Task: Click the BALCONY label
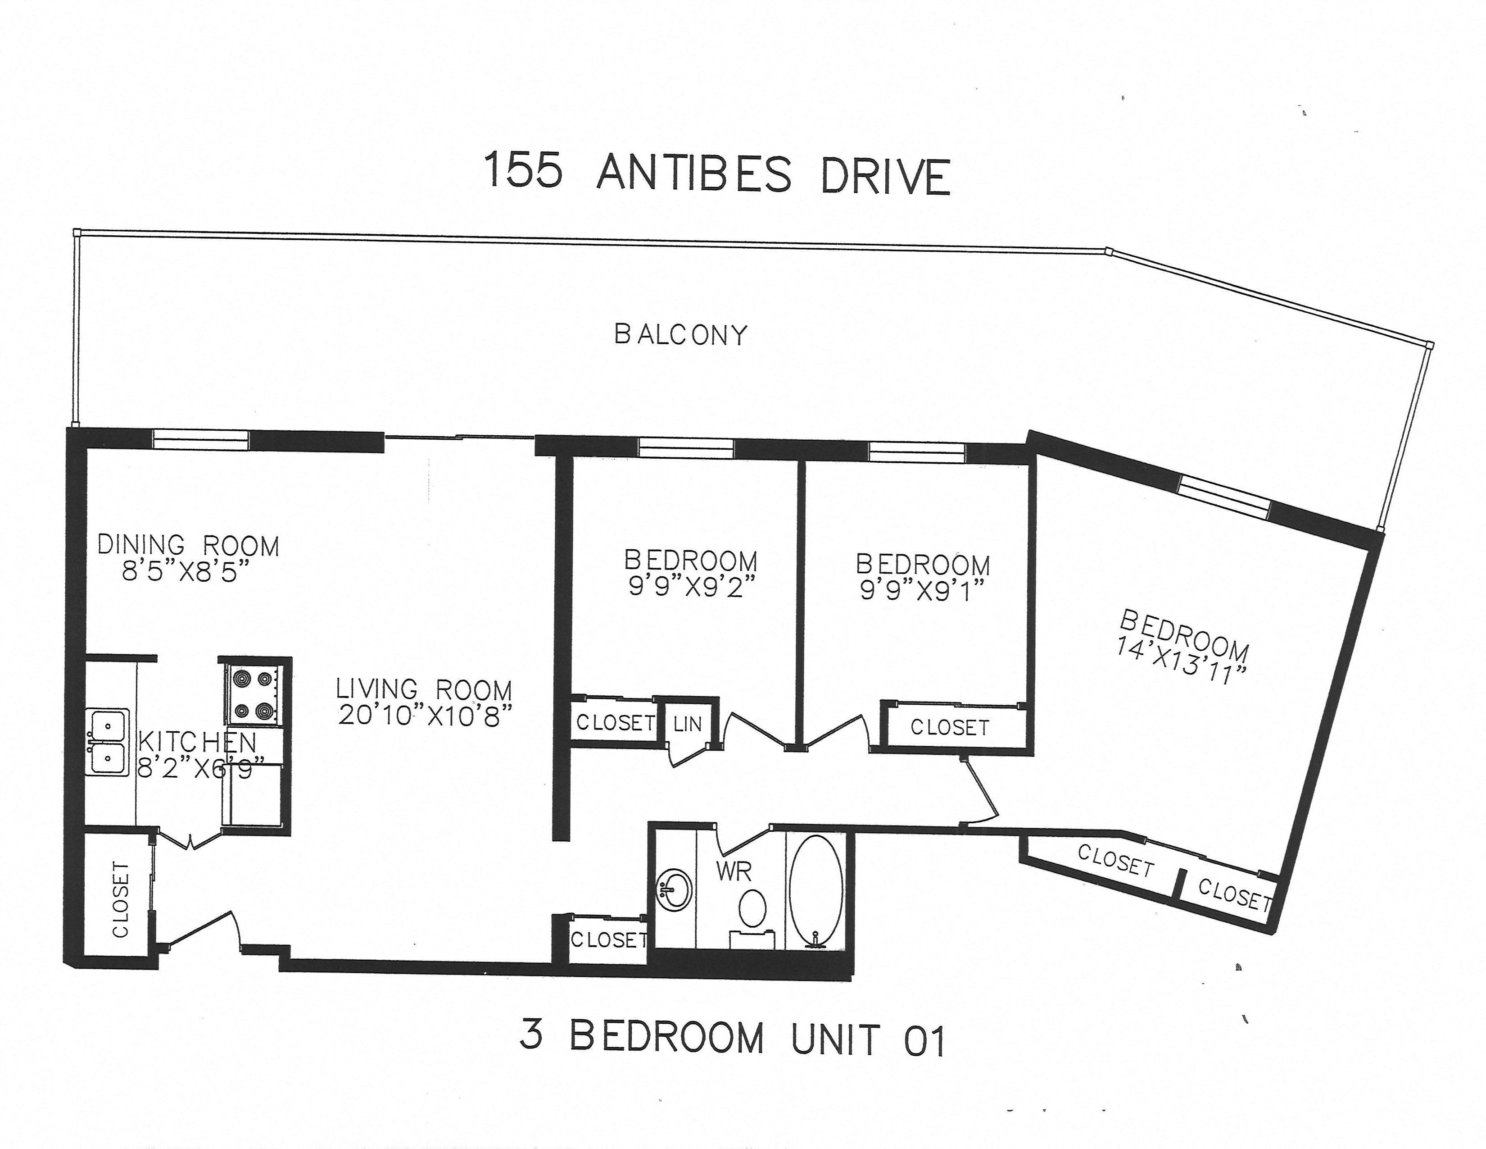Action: pos(680,335)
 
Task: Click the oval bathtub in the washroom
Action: pos(816,888)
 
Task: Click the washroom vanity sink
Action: pos(674,888)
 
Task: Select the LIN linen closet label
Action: pos(687,724)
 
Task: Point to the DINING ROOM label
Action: pos(189,545)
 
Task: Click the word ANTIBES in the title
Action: pos(694,174)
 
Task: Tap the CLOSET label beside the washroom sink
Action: pos(608,940)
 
